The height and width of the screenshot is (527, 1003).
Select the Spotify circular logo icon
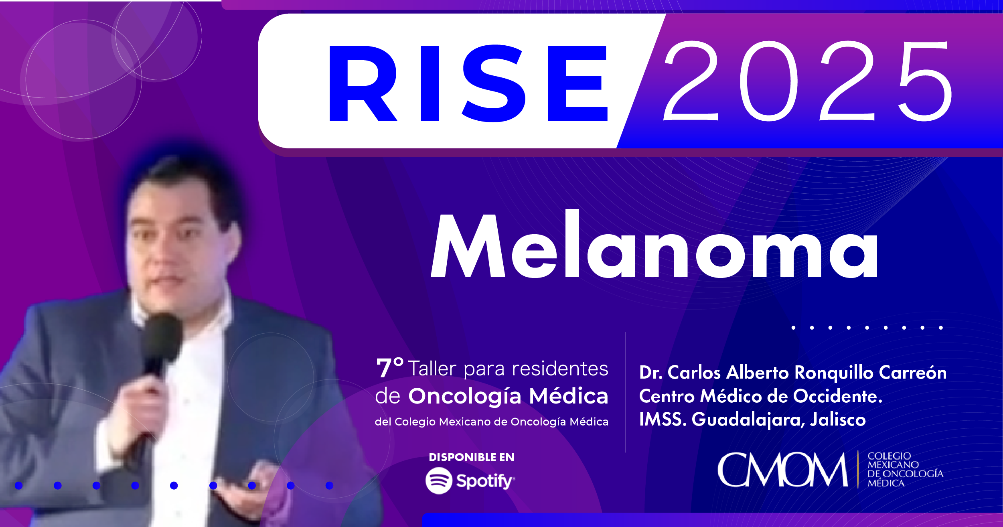(x=439, y=480)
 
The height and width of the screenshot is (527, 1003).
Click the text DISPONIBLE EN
(x=471, y=457)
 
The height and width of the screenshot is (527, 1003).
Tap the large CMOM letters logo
(x=782, y=469)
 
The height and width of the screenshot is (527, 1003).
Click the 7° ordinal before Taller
(x=389, y=368)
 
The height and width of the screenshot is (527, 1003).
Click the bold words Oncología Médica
(x=508, y=396)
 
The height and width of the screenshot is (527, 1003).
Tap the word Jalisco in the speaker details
(x=838, y=420)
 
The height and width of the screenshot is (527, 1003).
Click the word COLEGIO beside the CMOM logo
(x=889, y=456)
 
